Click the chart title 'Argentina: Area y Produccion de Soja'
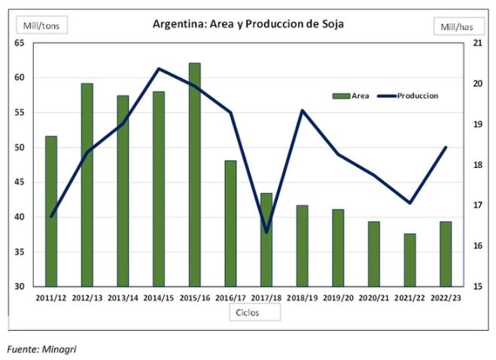pyautogui.click(x=248, y=23)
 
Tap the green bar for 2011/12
pyautogui.click(x=51, y=211)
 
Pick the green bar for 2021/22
pyautogui.click(x=409, y=260)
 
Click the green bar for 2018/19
pyautogui.click(x=302, y=246)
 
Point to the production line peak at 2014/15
pyautogui.click(x=159, y=69)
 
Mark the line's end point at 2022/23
pyautogui.click(x=446, y=148)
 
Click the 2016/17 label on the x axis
pyautogui.click(x=230, y=297)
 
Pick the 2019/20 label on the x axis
pyautogui.click(x=338, y=297)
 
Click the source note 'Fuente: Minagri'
pyautogui.click(x=42, y=349)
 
